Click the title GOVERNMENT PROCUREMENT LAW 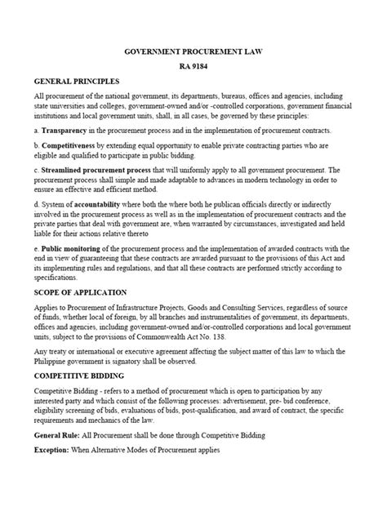tap(193, 50)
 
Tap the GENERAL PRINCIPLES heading tap(77, 82)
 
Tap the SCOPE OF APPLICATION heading tap(80, 291)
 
